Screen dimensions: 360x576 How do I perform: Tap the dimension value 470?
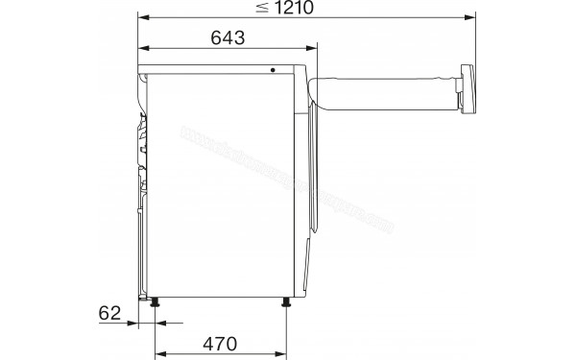click(x=220, y=343)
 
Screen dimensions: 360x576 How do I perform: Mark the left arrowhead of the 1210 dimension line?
click(x=142, y=16)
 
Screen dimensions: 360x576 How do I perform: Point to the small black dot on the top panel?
click(x=273, y=70)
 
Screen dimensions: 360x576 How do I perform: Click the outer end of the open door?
click(x=468, y=90)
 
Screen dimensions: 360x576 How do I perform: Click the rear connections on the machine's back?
click(x=141, y=144)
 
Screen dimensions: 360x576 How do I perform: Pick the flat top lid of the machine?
click(x=221, y=68)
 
